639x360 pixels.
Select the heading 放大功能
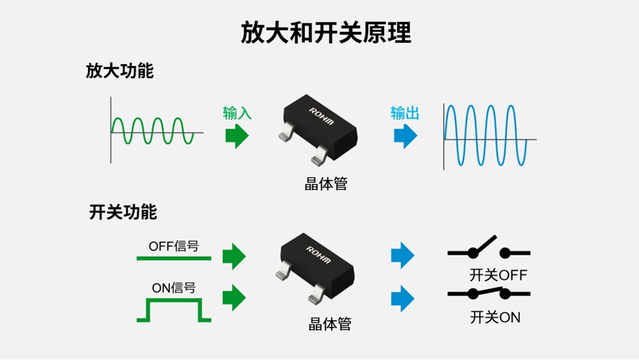pyautogui.click(x=119, y=71)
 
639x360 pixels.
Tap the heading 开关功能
pyautogui.click(x=123, y=212)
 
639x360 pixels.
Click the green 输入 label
pyautogui.click(x=237, y=113)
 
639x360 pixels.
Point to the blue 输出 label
pyautogui.click(x=405, y=113)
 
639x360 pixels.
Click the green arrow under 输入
pyautogui.click(x=237, y=136)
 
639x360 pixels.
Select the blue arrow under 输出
pyautogui.click(x=405, y=136)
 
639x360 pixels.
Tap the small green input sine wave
pyautogui.click(x=153, y=131)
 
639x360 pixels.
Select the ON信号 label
pyautogui.click(x=174, y=287)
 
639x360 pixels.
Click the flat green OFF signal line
pyautogui.click(x=174, y=259)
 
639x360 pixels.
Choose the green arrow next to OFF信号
pyautogui.click(x=234, y=255)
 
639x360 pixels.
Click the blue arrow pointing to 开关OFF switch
pyautogui.click(x=402, y=255)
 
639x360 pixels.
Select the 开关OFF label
pyautogui.click(x=498, y=275)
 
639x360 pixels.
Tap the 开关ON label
pyautogui.click(x=495, y=317)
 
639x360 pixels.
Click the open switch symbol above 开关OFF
pyautogui.click(x=489, y=248)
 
